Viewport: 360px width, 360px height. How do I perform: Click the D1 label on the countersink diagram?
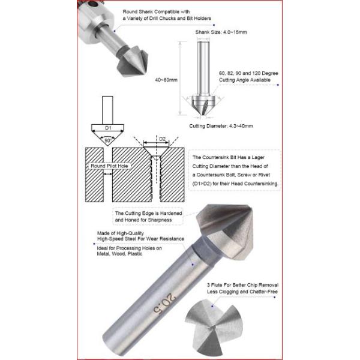coord(108,128)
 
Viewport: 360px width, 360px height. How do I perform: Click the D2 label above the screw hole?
coord(162,139)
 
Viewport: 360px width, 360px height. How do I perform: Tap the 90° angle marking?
coord(107,140)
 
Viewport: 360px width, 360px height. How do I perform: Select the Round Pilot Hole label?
coord(109,166)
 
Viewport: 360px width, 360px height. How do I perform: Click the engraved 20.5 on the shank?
coord(164,303)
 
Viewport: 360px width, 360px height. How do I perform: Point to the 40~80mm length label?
coord(166,80)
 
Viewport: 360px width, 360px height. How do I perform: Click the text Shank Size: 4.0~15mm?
coord(221,32)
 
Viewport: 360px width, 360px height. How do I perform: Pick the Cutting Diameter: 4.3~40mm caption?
coord(221,126)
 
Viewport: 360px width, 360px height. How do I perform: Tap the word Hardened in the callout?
coord(171,213)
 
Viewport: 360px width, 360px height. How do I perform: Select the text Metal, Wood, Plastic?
coord(119,254)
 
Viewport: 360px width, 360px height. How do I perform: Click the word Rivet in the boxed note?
coord(264,175)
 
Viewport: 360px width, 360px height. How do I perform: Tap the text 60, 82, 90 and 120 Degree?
coord(248,73)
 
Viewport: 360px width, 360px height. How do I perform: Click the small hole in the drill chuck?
coord(93,4)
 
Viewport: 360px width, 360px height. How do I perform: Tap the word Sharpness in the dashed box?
coord(160,220)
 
